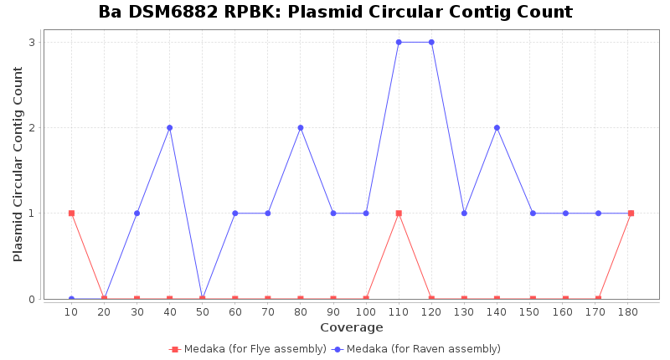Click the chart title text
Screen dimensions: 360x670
335,13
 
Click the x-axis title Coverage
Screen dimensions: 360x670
351,327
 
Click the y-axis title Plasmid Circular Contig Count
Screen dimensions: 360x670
18,164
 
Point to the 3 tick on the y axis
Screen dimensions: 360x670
31,42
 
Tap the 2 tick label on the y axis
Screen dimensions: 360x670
31,128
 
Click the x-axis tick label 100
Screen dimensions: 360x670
366,311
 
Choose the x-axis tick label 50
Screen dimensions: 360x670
202,311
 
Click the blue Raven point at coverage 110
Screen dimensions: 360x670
399,42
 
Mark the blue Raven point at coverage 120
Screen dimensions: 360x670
431,42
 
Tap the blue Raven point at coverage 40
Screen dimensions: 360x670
169,128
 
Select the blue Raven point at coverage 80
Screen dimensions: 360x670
301,128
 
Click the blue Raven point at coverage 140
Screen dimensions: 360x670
497,128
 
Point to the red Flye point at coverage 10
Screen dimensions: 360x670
71,213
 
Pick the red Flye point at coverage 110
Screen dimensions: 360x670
399,213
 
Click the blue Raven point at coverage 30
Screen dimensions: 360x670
137,213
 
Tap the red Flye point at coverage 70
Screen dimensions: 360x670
268,299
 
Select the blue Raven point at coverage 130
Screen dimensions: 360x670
464,213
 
